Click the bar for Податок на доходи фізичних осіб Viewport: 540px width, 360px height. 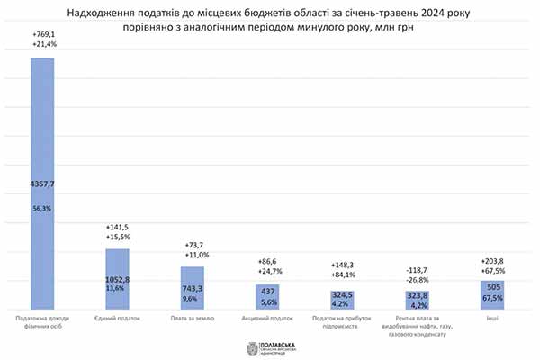(x=42, y=135)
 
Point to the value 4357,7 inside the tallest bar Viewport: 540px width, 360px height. (x=42, y=184)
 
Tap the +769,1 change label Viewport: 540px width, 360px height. (x=43, y=32)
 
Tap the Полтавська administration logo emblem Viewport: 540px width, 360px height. (x=253, y=348)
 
